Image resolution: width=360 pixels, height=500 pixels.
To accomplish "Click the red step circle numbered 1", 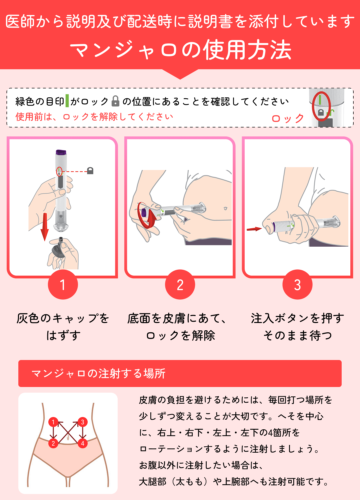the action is (x=63, y=284).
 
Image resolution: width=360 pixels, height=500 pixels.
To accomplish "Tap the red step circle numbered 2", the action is (x=180, y=284).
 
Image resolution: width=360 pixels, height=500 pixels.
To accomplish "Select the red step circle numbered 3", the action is (x=298, y=284).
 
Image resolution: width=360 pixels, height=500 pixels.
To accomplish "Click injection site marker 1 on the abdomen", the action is (x=53, y=422).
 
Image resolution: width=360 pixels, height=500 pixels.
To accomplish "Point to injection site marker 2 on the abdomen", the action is (x=53, y=443).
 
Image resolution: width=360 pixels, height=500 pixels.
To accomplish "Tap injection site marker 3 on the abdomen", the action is (x=83, y=422).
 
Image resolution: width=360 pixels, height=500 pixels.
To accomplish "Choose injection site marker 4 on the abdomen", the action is (x=83, y=443).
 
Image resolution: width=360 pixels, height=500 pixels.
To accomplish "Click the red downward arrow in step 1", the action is (x=45, y=227).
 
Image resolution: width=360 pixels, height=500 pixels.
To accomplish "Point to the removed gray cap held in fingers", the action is (x=58, y=248).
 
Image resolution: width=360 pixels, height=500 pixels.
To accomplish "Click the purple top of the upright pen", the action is (x=61, y=152).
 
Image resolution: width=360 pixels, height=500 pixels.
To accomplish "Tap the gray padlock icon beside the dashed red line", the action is (x=90, y=171).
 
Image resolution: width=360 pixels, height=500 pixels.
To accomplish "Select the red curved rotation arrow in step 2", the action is (x=146, y=215).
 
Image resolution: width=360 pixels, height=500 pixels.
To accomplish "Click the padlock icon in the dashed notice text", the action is (x=115, y=101).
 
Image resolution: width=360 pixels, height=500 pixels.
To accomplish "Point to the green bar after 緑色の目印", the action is (x=67, y=101).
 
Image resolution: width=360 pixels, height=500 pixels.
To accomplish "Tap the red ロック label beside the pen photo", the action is (x=288, y=118).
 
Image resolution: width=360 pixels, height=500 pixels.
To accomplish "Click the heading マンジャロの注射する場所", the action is (x=98, y=373).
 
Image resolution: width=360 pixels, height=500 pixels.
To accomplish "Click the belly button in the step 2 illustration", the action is (x=225, y=208).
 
